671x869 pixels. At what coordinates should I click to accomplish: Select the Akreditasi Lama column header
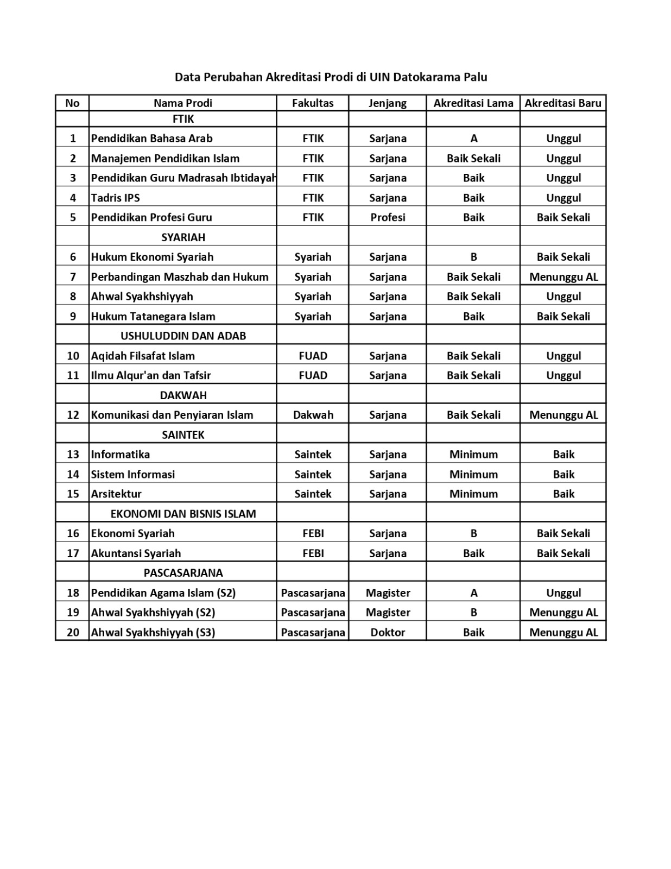click(x=473, y=103)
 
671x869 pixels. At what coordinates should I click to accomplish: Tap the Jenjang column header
click(x=387, y=103)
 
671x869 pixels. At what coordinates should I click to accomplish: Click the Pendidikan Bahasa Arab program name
click(x=151, y=138)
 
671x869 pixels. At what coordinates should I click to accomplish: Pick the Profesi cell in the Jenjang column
click(x=388, y=217)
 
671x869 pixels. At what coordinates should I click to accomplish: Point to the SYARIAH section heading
click(x=183, y=237)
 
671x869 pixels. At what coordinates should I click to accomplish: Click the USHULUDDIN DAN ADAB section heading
click(x=183, y=336)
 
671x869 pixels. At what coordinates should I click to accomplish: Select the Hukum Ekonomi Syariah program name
click(x=152, y=257)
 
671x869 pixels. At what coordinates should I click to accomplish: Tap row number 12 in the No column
click(x=73, y=415)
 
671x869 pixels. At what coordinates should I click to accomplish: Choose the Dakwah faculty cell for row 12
click(x=313, y=415)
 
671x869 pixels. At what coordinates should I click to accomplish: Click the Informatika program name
click(x=120, y=455)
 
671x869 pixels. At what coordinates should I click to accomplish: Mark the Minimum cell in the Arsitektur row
click(x=473, y=494)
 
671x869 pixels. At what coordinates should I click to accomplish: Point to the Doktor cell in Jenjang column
click(x=388, y=632)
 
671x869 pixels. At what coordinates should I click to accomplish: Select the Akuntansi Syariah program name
click(x=136, y=553)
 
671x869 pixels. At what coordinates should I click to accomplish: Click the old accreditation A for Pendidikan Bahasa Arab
click(x=473, y=138)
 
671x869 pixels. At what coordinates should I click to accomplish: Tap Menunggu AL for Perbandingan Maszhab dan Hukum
click(x=563, y=277)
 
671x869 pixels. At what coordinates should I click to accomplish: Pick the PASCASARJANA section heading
click(x=183, y=573)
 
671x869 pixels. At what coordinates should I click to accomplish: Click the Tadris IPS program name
click(x=115, y=198)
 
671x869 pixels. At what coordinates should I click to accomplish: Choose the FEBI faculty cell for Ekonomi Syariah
click(x=313, y=533)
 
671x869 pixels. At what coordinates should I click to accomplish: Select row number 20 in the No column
click(x=73, y=632)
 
